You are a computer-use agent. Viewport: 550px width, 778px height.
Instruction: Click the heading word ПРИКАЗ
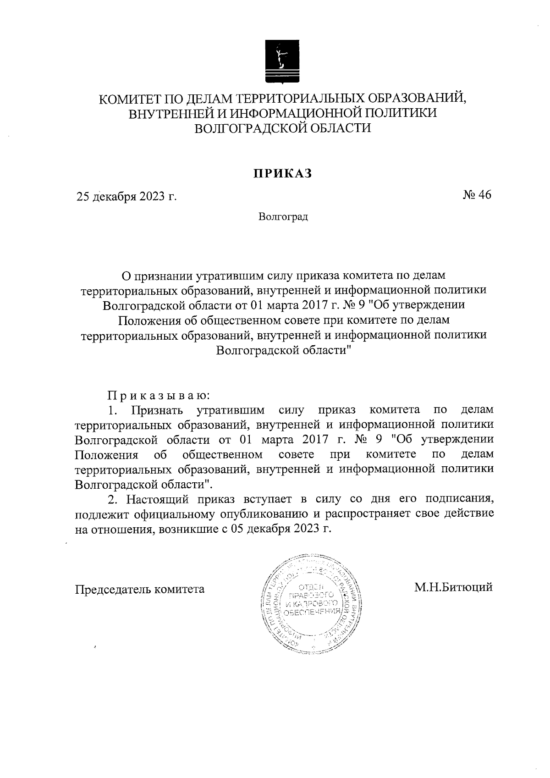283,173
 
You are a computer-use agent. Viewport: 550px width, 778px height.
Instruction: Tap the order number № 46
477,195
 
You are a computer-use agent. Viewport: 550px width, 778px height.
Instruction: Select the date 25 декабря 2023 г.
126,197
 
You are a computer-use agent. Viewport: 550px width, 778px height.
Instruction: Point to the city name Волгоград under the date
283,216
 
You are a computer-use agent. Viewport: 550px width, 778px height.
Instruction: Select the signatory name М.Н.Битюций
453,587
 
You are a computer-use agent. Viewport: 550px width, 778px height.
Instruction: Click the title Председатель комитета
140,589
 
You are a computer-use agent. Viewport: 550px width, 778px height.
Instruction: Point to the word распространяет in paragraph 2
379,513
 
